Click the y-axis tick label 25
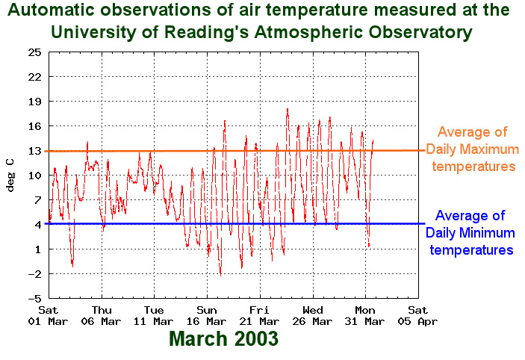point(34,52)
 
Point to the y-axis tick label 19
point(34,102)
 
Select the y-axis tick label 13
point(34,151)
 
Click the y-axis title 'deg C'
point(10,174)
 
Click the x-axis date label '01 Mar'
point(49,321)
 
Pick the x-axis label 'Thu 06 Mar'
point(102,315)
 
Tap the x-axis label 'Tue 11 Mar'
point(154,315)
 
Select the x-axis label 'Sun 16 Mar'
point(207,315)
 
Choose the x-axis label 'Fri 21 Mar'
point(259,315)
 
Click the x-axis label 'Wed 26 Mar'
point(312,315)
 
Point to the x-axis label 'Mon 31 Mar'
point(365,315)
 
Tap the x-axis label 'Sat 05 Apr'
point(417,315)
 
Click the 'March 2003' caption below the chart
point(223,338)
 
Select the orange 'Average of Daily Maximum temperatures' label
point(472,149)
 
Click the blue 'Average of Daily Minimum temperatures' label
point(470,232)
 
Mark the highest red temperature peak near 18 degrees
point(288,109)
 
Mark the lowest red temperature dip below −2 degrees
point(220,275)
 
